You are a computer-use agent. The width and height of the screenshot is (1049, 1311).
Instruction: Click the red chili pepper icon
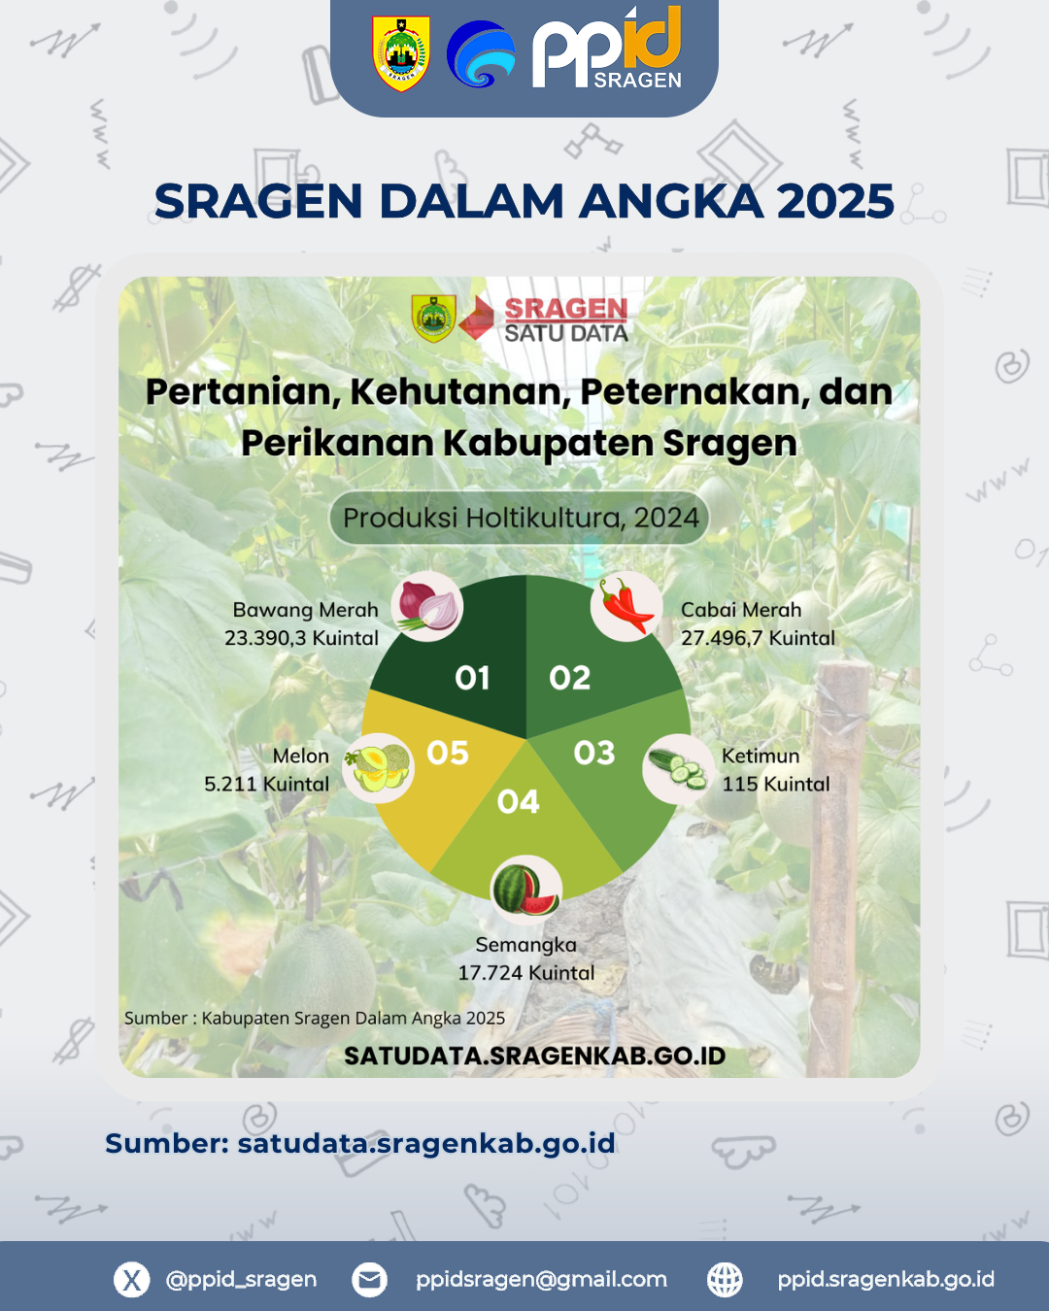(x=626, y=607)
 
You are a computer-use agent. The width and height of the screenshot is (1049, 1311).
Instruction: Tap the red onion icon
(x=427, y=607)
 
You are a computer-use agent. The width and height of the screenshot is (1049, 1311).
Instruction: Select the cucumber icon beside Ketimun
(x=678, y=769)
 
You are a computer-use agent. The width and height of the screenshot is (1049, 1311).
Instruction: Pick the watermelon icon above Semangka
(x=526, y=891)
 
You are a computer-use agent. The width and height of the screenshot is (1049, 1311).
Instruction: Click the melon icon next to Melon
(x=378, y=768)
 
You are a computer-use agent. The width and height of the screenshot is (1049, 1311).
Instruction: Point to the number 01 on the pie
(x=472, y=678)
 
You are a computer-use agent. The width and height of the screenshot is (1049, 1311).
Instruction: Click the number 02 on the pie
(x=570, y=678)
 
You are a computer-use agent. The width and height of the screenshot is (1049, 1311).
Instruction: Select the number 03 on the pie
(x=594, y=753)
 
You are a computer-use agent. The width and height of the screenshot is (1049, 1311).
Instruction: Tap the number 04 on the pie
(x=518, y=802)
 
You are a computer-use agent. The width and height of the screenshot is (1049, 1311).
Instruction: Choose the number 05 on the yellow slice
(x=448, y=753)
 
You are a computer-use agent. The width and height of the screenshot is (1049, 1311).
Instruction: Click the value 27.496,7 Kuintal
(x=758, y=638)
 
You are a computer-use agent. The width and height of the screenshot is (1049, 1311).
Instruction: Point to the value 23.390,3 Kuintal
(x=302, y=638)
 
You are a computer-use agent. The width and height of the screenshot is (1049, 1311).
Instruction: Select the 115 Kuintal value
(x=776, y=784)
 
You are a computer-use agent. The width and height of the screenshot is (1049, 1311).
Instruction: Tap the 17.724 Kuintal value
(x=526, y=973)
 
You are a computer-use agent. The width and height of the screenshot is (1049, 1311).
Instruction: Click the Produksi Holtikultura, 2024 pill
(x=520, y=518)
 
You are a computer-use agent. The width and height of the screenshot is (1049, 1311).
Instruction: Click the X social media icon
(x=132, y=1279)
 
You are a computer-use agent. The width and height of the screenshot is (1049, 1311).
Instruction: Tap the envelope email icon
(x=369, y=1279)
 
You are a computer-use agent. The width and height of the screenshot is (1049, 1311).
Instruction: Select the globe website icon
(x=725, y=1279)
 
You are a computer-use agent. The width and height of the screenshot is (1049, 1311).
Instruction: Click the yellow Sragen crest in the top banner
(x=401, y=53)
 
